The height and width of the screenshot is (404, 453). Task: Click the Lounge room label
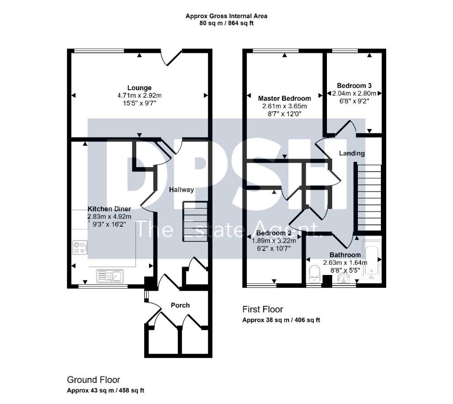(139, 88)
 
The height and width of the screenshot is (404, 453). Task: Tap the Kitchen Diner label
(109, 209)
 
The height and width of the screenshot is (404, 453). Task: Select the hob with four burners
(80, 248)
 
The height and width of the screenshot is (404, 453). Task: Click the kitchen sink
(110, 275)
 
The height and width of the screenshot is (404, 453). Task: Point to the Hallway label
(181, 190)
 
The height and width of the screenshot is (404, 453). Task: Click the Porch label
(180, 305)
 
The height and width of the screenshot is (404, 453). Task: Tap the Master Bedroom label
(284, 99)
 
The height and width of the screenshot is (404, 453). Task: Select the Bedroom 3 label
(354, 86)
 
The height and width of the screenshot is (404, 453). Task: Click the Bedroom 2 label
(274, 233)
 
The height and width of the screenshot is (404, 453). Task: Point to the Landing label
(352, 153)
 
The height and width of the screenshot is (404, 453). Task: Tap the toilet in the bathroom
(314, 274)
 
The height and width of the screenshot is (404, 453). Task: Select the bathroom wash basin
(343, 278)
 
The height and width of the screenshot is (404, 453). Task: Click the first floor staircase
(369, 198)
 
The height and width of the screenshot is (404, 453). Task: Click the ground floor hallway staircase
(195, 221)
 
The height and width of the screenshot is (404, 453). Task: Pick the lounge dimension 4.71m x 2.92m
(139, 95)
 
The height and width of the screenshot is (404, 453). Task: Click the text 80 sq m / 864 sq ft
(226, 23)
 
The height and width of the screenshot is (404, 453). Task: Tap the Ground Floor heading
(93, 380)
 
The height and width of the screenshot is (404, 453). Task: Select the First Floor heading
(263, 309)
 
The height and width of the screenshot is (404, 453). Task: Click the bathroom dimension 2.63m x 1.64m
(345, 263)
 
